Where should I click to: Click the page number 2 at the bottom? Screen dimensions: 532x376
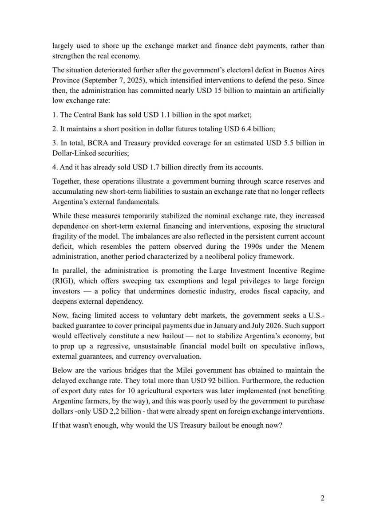pos(322,497)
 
